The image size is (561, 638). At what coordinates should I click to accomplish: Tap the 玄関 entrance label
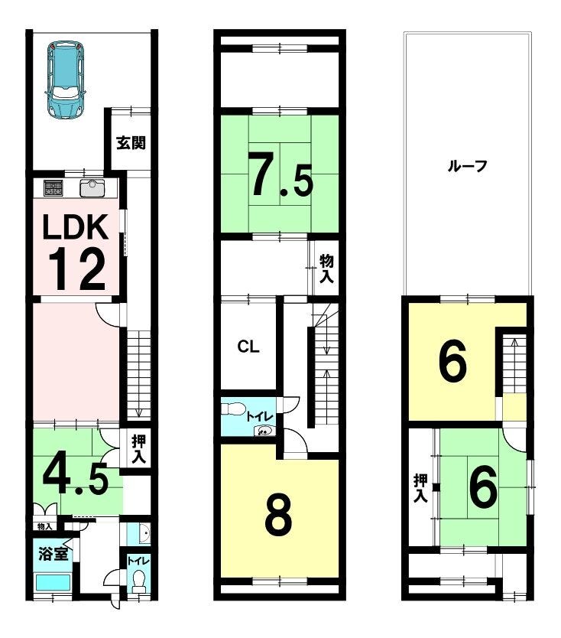[131, 143]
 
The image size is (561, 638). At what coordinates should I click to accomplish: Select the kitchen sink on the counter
[92, 188]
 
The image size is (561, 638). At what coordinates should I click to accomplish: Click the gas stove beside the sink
[54, 188]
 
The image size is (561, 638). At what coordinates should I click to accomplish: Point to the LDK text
[76, 227]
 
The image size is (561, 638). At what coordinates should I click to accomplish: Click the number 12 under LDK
[77, 269]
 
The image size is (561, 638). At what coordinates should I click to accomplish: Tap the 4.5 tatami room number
[76, 479]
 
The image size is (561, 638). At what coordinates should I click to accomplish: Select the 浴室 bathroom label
[53, 554]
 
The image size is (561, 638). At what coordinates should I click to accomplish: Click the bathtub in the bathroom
[54, 583]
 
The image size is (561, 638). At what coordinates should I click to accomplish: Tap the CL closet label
[248, 347]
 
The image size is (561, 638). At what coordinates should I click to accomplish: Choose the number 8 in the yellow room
[278, 514]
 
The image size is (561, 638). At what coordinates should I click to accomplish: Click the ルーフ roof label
[467, 166]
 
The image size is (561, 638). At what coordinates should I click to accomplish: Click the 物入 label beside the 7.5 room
[326, 269]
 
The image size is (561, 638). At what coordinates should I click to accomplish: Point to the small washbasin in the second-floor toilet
[264, 431]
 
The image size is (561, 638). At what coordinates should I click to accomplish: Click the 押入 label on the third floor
[420, 488]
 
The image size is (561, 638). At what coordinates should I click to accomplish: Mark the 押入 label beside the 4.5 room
[138, 449]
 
